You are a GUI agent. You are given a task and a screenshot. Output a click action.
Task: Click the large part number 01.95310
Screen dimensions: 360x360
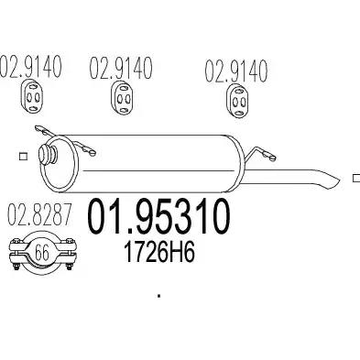click(x=158, y=216)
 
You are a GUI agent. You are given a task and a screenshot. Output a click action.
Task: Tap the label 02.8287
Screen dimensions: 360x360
click(x=39, y=214)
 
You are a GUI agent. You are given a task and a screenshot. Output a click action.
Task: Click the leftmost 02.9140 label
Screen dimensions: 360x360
click(x=31, y=66)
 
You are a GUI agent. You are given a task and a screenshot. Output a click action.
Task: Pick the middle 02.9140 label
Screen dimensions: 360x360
click(x=121, y=68)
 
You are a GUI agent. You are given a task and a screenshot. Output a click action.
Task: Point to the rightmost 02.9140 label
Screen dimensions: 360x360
click(x=236, y=71)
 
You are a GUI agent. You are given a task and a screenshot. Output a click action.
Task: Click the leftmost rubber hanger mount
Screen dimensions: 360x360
click(x=32, y=97)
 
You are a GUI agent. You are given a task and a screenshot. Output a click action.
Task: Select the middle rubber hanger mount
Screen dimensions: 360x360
click(x=123, y=98)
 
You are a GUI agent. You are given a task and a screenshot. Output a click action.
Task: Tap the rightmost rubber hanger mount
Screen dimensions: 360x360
click(x=237, y=101)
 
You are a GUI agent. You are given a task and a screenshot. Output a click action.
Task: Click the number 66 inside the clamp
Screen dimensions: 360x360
click(x=42, y=253)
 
